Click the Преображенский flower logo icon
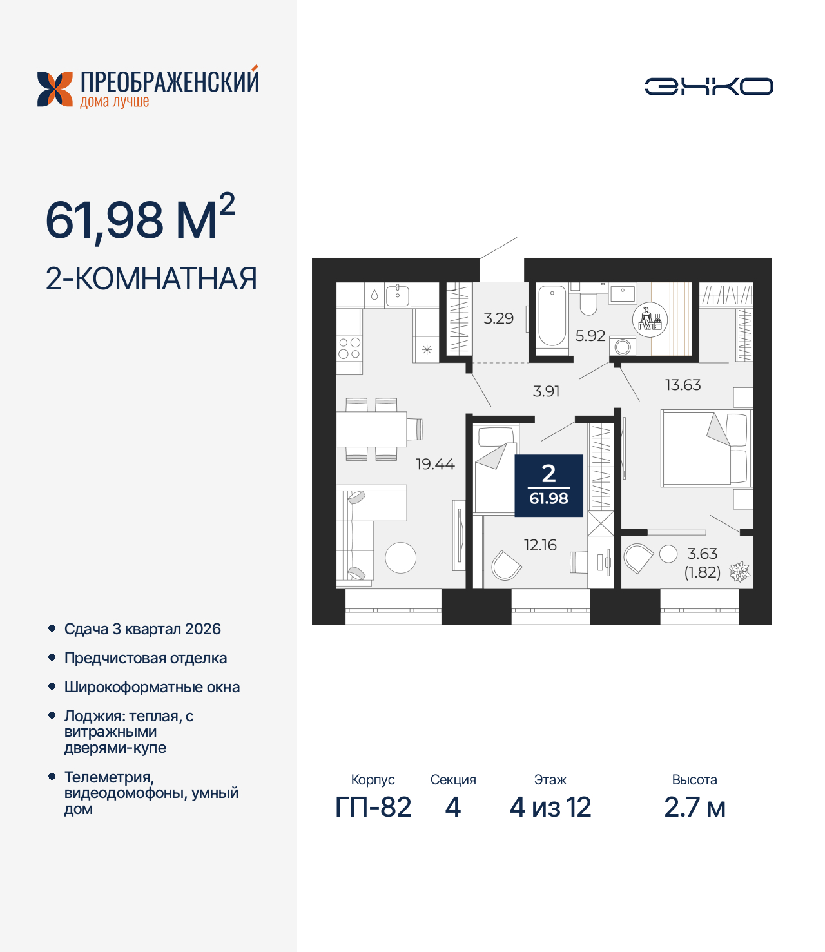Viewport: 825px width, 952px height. (55, 89)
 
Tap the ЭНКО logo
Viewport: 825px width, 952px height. (708, 86)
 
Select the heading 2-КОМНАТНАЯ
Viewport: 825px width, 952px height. (151, 278)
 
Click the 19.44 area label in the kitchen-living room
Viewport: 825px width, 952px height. (435, 464)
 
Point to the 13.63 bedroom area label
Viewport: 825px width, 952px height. (683, 385)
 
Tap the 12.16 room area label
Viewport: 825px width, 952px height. (540, 545)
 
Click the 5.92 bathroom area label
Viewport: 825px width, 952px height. (590, 336)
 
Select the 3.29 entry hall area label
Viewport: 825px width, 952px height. (498, 318)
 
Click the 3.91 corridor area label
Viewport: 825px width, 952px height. (546, 391)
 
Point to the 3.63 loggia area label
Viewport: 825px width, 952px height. (702, 554)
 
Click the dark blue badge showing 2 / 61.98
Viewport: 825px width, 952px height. (548, 485)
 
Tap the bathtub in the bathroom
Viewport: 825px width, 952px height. (552, 317)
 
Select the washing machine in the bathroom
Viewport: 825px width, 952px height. (623, 346)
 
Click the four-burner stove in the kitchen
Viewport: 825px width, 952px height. (349, 349)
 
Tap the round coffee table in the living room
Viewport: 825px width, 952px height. (400, 558)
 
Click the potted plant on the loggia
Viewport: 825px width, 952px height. (739, 571)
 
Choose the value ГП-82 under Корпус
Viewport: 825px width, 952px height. (373, 807)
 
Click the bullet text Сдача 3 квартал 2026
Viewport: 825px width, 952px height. (142, 629)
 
